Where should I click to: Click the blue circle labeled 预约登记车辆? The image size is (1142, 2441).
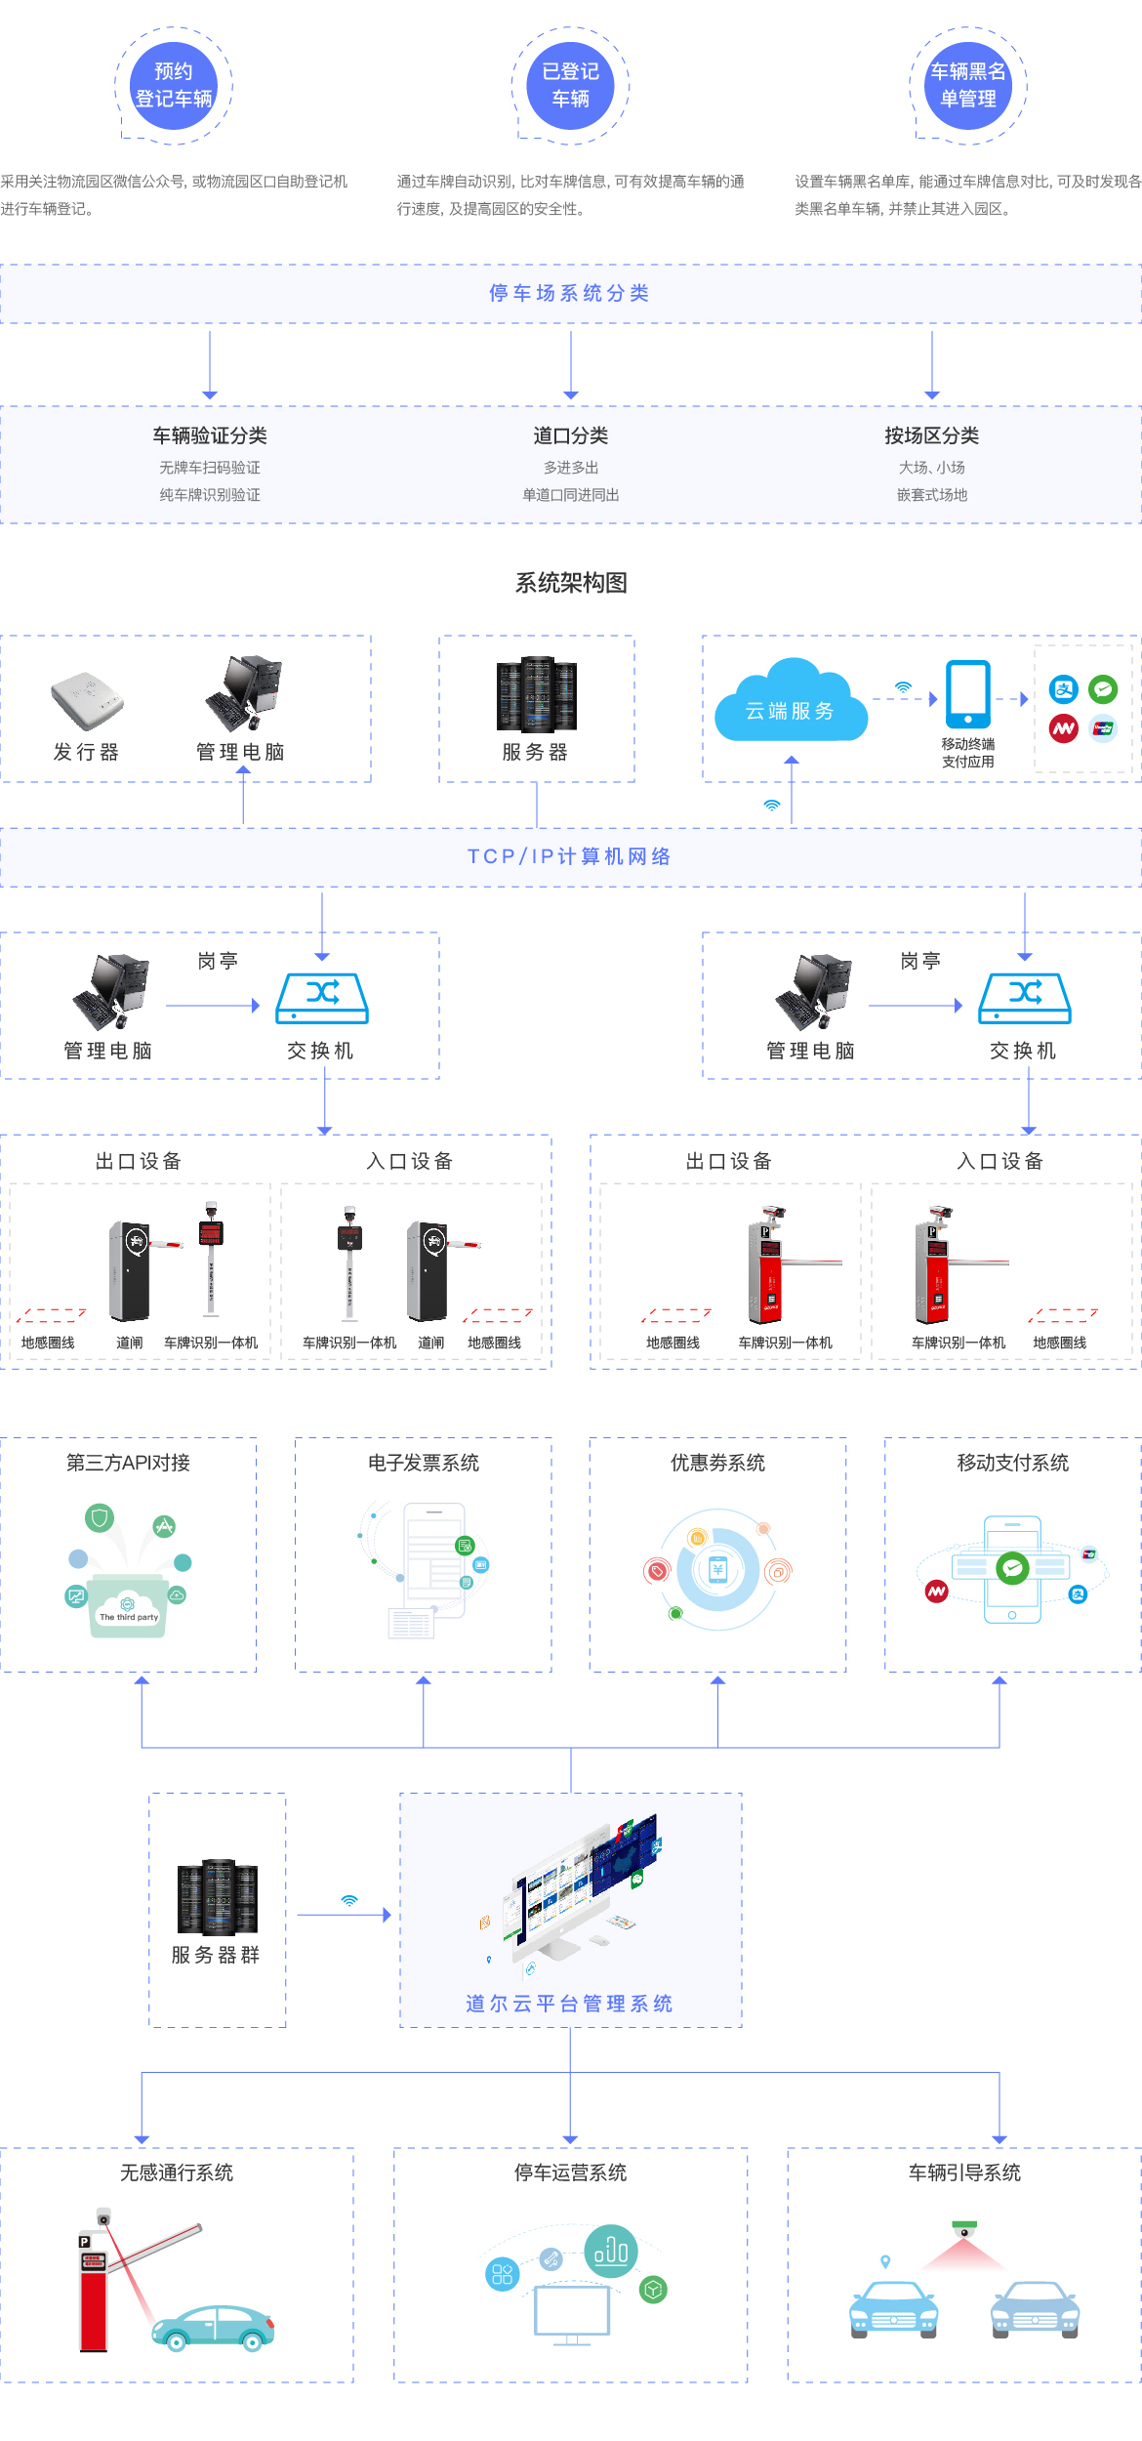pyautogui.click(x=174, y=86)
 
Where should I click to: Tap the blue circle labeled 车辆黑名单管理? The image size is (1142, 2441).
pyautogui.click(x=967, y=86)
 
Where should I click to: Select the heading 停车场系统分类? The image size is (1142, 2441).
pyautogui.click(x=570, y=293)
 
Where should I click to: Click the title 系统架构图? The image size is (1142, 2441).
pyautogui.click(x=571, y=583)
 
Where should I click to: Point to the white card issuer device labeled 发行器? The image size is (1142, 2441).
pyautogui.click(x=87, y=699)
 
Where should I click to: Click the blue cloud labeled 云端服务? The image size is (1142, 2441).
pyautogui.click(x=791, y=703)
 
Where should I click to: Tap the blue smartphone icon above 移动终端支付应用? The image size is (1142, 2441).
pyautogui.click(x=967, y=693)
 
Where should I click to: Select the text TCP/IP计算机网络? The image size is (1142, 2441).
pyautogui.click(x=570, y=856)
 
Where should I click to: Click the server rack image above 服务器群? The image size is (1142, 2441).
pyautogui.click(x=217, y=1896)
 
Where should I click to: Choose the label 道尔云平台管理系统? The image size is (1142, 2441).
pyautogui.click(x=570, y=2004)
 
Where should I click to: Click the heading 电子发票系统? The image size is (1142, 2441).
pyautogui.click(x=424, y=1463)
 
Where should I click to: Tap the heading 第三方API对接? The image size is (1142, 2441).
pyautogui.click(x=128, y=1463)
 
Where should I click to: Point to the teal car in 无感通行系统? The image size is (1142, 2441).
pyautogui.click(x=214, y=2329)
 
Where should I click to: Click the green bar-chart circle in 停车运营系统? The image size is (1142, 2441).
pyautogui.click(x=611, y=2251)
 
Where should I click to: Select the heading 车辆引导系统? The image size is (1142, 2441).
pyautogui.click(x=964, y=2172)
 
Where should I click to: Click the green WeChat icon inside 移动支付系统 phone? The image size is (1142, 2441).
pyautogui.click(x=1012, y=1568)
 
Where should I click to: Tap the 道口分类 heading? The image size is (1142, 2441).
pyautogui.click(x=571, y=435)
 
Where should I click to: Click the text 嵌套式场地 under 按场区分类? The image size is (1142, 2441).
pyautogui.click(x=932, y=495)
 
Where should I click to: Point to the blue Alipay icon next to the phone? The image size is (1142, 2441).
pyautogui.click(x=1063, y=689)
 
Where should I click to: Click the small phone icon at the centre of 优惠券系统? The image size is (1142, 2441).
pyautogui.click(x=718, y=1569)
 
